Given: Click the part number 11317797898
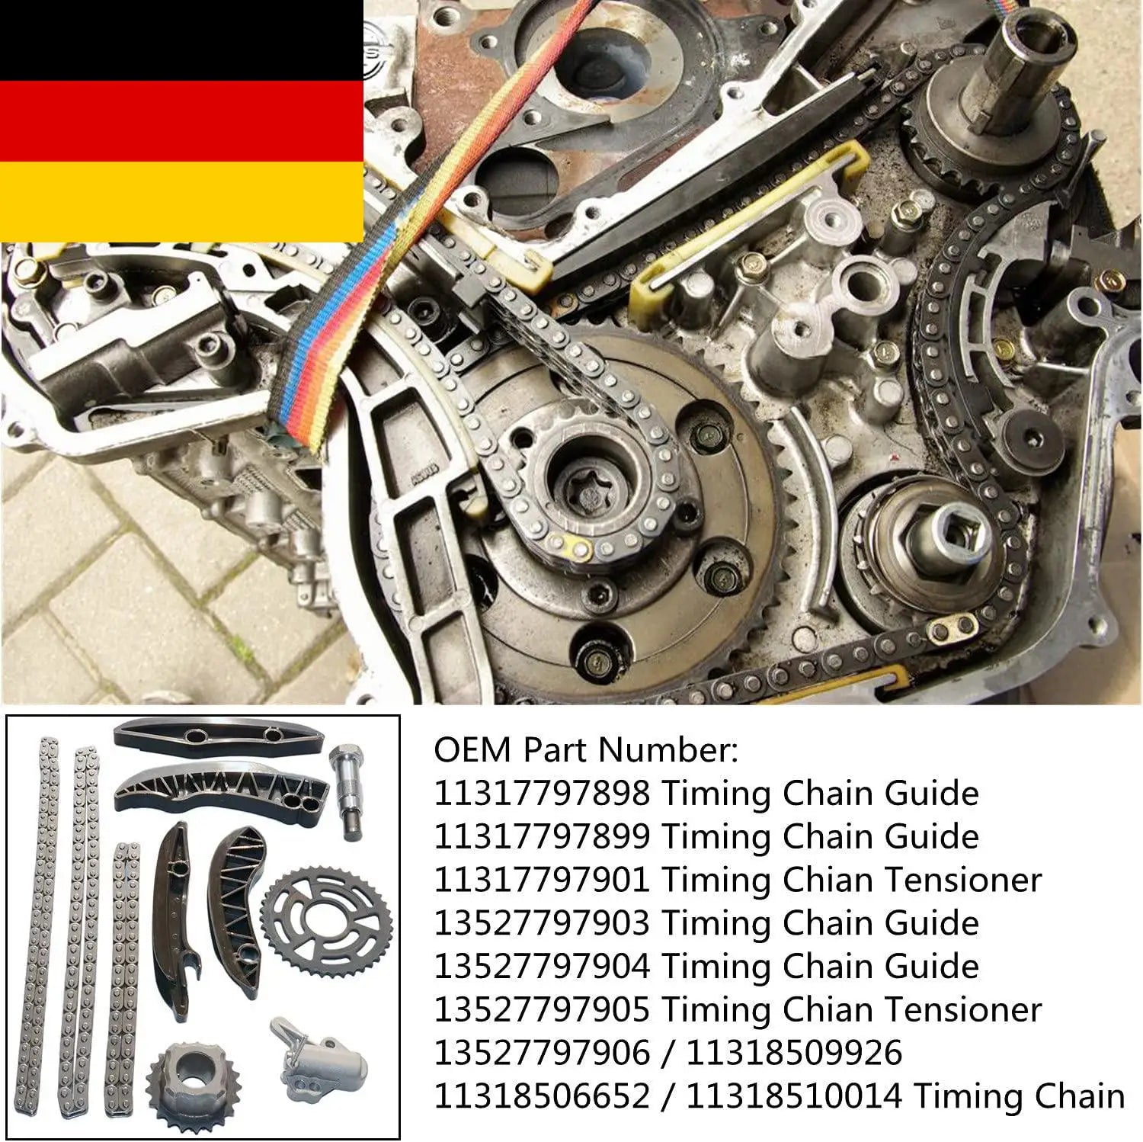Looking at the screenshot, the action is pyautogui.click(x=542, y=794).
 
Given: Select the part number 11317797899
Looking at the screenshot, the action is pyautogui.click(x=542, y=837).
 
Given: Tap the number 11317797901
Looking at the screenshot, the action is pyautogui.click(x=542, y=881).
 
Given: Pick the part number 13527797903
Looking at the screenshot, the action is pyautogui.click(x=542, y=923).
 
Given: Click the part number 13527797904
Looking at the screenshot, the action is pyautogui.click(x=542, y=967).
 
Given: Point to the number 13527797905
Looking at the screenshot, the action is pyautogui.click(x=542, y=1010).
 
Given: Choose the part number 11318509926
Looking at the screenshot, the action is pyautogui.click(x=794, y=1053).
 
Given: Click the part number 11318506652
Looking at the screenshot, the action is pyautogui.click(x=542, y=1096).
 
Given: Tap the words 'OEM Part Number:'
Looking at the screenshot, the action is pyautogui.click(x=586, y=750).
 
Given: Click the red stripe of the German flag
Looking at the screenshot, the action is pyautogui.click(x=181, y=121).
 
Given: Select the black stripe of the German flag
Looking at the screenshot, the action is pyautogui.click(x=181, y=40).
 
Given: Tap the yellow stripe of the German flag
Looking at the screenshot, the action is pyautogui.click(x=181, y=202).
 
